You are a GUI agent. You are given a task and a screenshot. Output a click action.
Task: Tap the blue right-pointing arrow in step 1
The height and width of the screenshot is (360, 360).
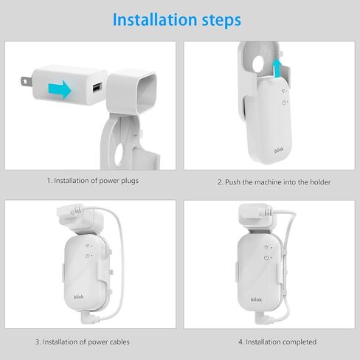coord(63,90)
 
